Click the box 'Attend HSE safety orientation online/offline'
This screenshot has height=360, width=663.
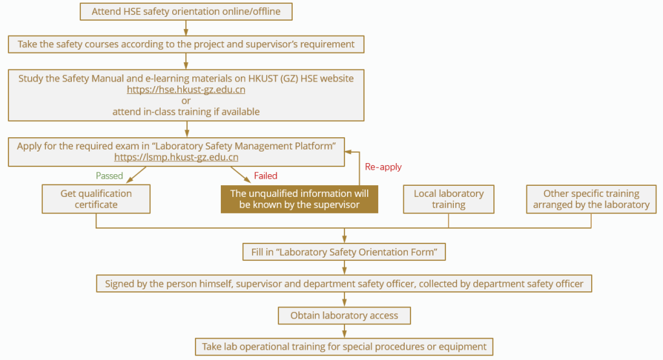186,11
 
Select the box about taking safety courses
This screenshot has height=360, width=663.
186,44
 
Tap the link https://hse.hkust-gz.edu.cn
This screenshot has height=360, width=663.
186,89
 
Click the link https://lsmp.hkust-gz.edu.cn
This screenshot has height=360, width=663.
176,157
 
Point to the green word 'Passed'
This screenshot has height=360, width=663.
109,175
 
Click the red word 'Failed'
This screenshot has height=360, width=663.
266,175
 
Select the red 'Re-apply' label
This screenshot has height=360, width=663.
383,166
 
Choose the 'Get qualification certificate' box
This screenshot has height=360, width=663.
96,199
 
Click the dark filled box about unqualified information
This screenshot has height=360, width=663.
299,199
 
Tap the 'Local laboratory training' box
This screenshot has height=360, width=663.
449,199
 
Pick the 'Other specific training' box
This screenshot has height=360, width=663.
591,199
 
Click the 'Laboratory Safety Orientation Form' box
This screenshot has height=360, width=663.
344,252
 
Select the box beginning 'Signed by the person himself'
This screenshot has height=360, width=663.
344,284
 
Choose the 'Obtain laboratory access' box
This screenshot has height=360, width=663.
344,315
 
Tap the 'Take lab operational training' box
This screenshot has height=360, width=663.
344,346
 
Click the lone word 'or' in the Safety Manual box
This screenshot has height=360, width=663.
186,100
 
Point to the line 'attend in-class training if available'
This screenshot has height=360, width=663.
186,111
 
